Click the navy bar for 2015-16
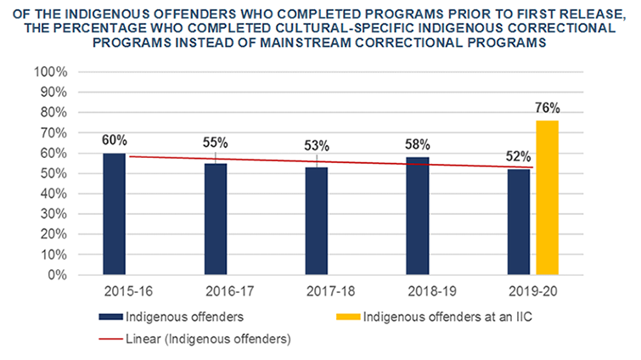[114, 214]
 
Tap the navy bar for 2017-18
[318, 221]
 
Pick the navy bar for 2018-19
[419, 216]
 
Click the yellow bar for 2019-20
[548, 198]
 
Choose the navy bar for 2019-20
[518, 222]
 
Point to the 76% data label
[548, 108]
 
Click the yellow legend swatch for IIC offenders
[345, 318]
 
